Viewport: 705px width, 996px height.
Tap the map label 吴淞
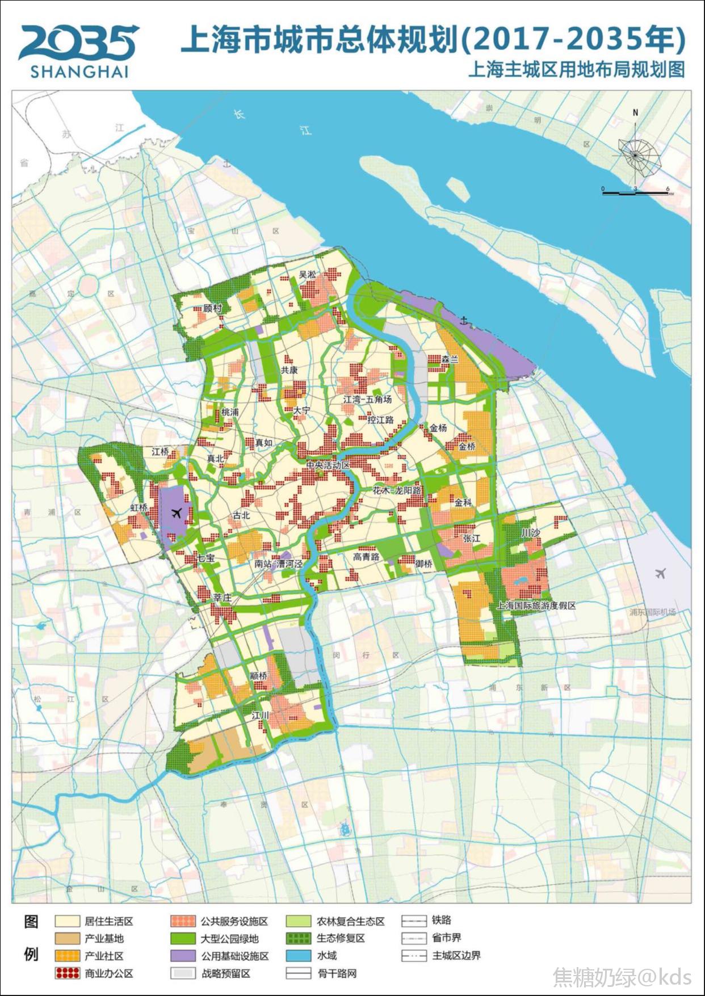[307, 275]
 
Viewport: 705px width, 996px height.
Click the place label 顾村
[212, 309]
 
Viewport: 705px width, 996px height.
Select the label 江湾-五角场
[367, 400]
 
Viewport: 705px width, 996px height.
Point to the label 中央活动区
[328, 465]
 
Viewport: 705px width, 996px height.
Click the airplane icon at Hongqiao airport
[176, 514]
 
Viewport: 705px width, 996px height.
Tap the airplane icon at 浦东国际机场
[660, 573]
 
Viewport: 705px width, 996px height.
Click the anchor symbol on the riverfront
[465, 322]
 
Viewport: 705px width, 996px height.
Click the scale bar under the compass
[635, 194]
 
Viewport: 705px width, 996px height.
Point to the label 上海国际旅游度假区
[536, 606]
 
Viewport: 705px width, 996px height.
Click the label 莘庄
[223, 598]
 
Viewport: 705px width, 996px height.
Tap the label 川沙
[530, 533]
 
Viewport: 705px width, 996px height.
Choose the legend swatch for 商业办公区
[67, 973]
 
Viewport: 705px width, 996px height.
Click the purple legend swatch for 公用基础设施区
[183, 956]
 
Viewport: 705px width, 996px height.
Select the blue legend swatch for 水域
[299, 956]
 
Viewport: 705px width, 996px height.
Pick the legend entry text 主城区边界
[456, 956]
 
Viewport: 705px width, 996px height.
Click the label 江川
[260, 715]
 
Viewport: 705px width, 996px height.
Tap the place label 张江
[471, 538]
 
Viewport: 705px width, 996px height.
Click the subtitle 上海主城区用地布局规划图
[576, 70]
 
